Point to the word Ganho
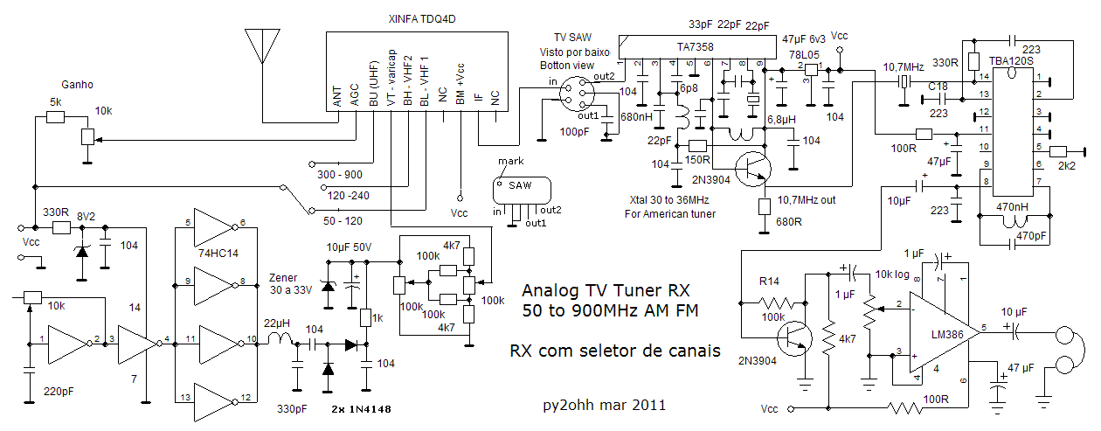(x=77, y=85)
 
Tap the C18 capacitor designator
(x=938, y=86)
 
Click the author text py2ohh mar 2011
(x=604, y=405)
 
